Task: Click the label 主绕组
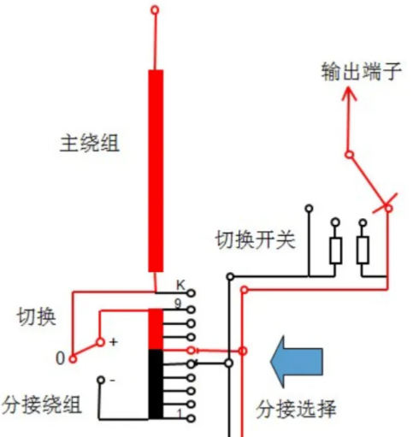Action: (90, 143)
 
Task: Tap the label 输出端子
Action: (362, 71)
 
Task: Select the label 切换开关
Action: (256, 239)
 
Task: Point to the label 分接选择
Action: (296, 409)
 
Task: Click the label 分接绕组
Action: (42, 405)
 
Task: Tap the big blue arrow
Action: (297, 362)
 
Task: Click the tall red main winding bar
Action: (156, 171)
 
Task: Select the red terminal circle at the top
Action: (155, 10)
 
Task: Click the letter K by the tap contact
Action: (180, 285)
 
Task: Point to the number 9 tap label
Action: (178, 304)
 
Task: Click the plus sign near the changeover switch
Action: (114, 342)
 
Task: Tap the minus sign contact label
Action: (113, 381)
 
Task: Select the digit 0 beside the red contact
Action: (60, 358)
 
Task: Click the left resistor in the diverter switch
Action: (336, 250)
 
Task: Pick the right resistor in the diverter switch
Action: (363, 250)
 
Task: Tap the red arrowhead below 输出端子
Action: (349, 93)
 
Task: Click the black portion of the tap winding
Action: (156, 384)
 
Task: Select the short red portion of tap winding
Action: (156, 329)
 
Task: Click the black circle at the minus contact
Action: (101, 380)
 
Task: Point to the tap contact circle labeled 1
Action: (192, 418)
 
